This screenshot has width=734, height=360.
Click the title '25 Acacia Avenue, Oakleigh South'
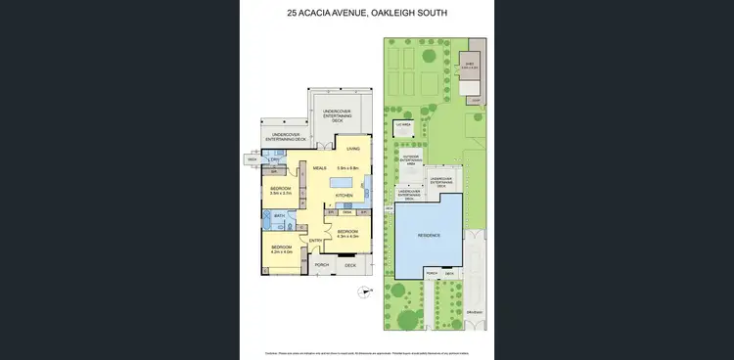click(367, 13)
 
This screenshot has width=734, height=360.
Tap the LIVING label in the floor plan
click(354, 148)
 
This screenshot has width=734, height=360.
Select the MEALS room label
click(319, 168)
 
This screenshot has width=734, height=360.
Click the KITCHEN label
click(344, 196)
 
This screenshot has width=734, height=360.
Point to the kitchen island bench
click(344, 182)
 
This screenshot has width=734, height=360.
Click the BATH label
click(279, 215)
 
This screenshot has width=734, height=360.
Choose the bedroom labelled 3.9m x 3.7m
click(282, 190)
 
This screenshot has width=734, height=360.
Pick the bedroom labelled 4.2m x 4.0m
click(282, 249)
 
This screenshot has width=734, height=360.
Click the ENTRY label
click(316, 240)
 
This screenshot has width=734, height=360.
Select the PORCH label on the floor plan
click(321, 265)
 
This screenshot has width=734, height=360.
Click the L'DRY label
click(277, 158)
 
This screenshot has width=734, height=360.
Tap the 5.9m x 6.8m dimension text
click(349, 167)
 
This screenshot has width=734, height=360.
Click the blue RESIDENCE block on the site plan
click(431, 235)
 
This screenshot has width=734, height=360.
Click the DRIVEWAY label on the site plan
click(475, 312)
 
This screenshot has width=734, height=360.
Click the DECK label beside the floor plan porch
click(349, 265)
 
